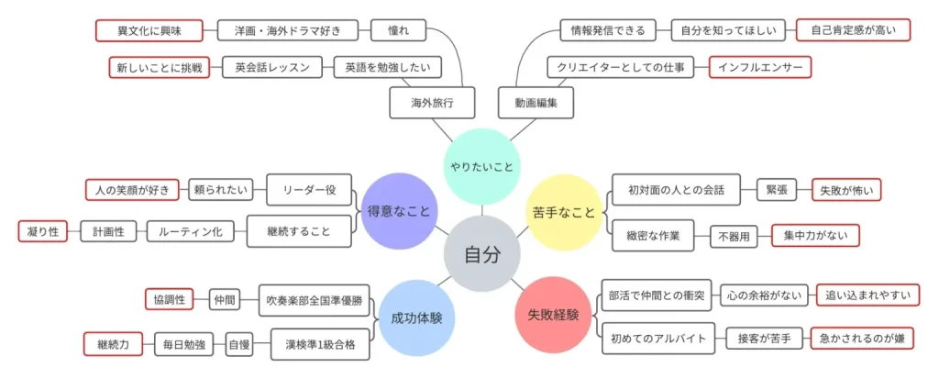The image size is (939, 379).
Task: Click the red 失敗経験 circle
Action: pyautogui.click(x=553, y=315)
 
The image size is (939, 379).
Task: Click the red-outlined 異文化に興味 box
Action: pyautogui.click(x=138, y=30)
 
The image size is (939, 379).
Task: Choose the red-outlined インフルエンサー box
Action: pyautogui.click(x=759, y=67)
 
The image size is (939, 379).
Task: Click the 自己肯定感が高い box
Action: pyautogui.click(x=854, y=30)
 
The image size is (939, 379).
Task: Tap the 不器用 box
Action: pyautogui.click(x=733, y=236)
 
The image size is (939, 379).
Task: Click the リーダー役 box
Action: pyautogui.click(x=310, y=190)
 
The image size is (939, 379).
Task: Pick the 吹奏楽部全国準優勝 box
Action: pyautogui.click(x=315, y=298)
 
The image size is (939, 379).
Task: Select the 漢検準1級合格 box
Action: pyautogui.click(x=322, y=345)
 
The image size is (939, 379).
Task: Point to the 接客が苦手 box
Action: pyautogui.click(x=764, y=339)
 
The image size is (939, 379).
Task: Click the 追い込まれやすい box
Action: pyautogui.click(x=867, y=295)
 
